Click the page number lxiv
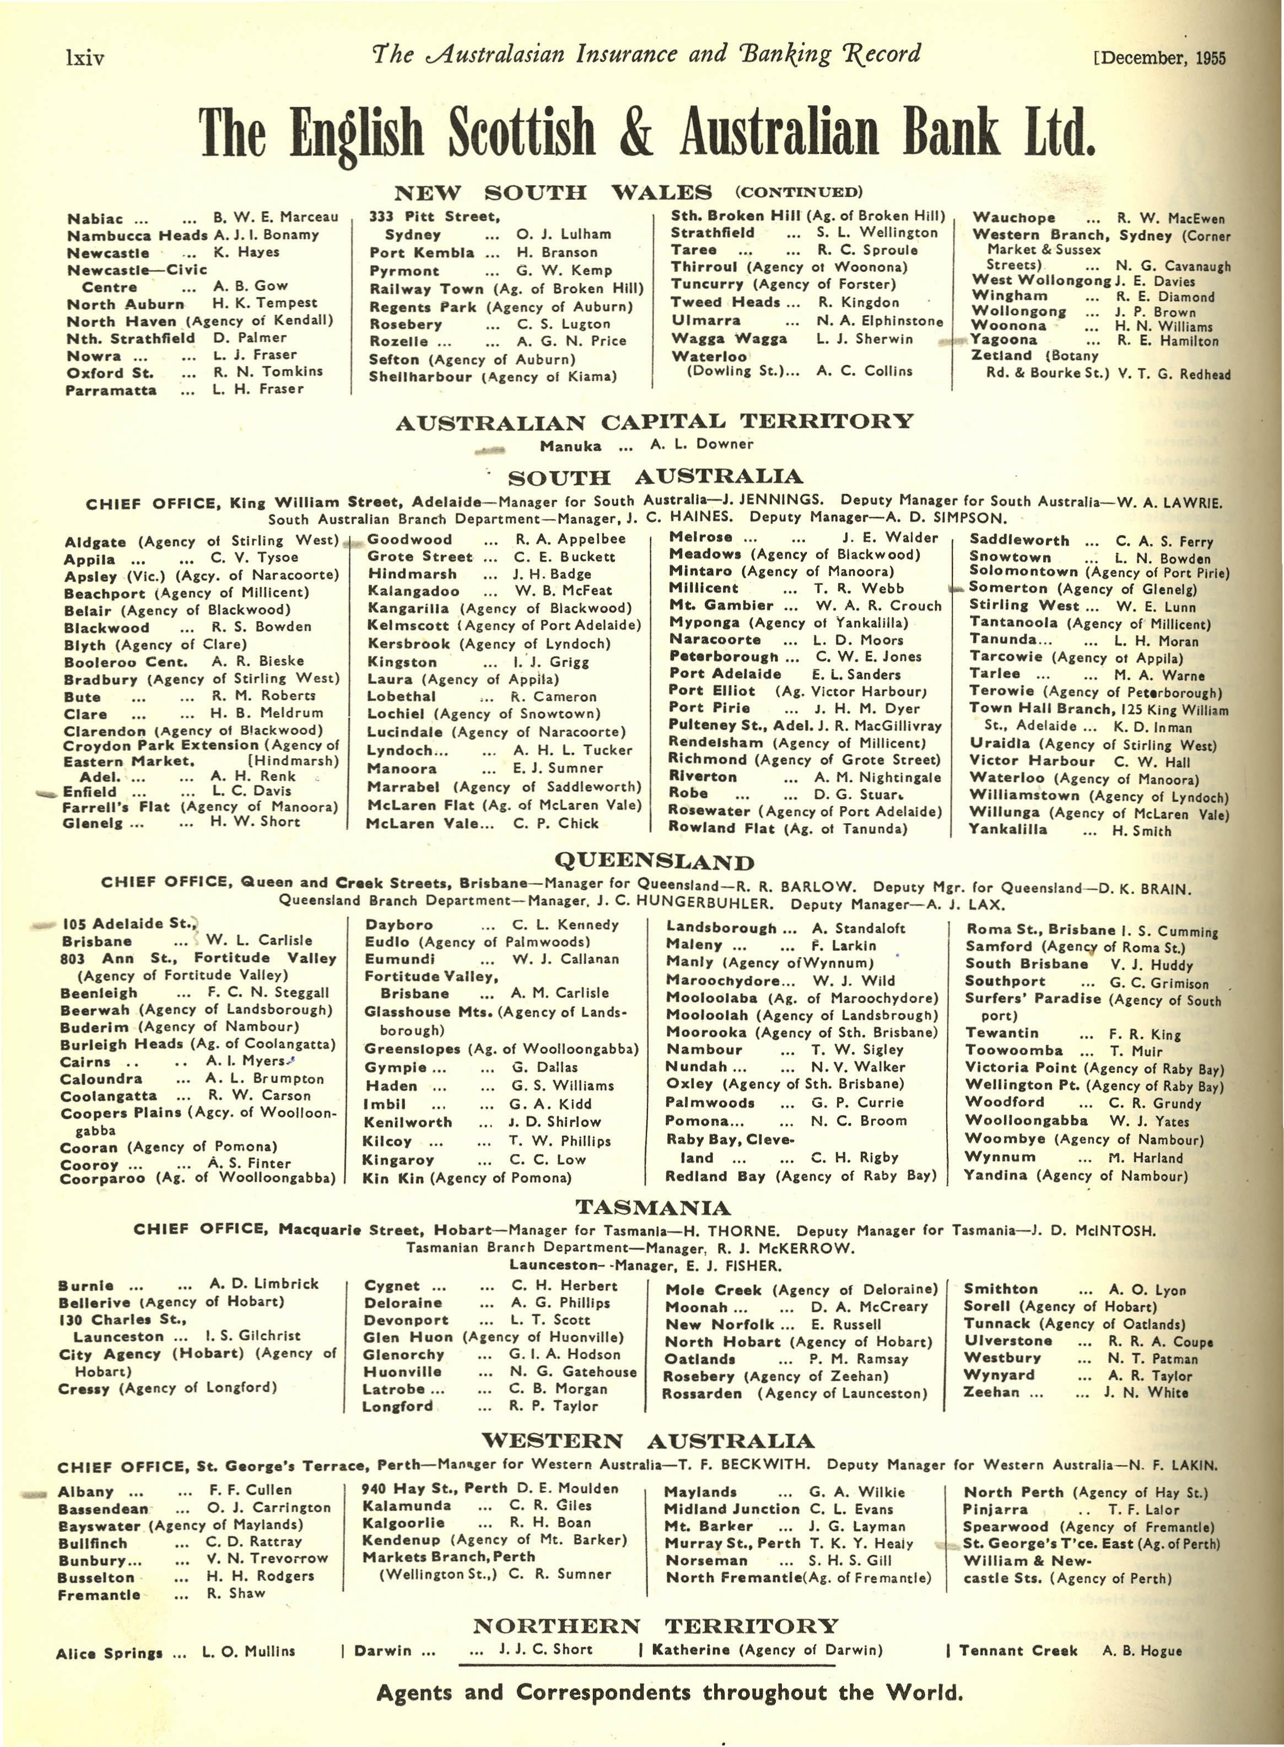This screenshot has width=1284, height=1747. point(85,57)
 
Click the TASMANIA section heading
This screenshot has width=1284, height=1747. point(653,1208)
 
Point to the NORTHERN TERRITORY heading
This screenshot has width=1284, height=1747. point(655,1626)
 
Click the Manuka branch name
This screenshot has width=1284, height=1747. point(570,446)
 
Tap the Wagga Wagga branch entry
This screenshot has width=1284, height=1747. point(729,339)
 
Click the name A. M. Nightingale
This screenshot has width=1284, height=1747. point(877,777)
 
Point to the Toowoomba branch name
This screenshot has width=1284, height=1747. point(1013,1050)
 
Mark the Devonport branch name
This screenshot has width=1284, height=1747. point(406,1321)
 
